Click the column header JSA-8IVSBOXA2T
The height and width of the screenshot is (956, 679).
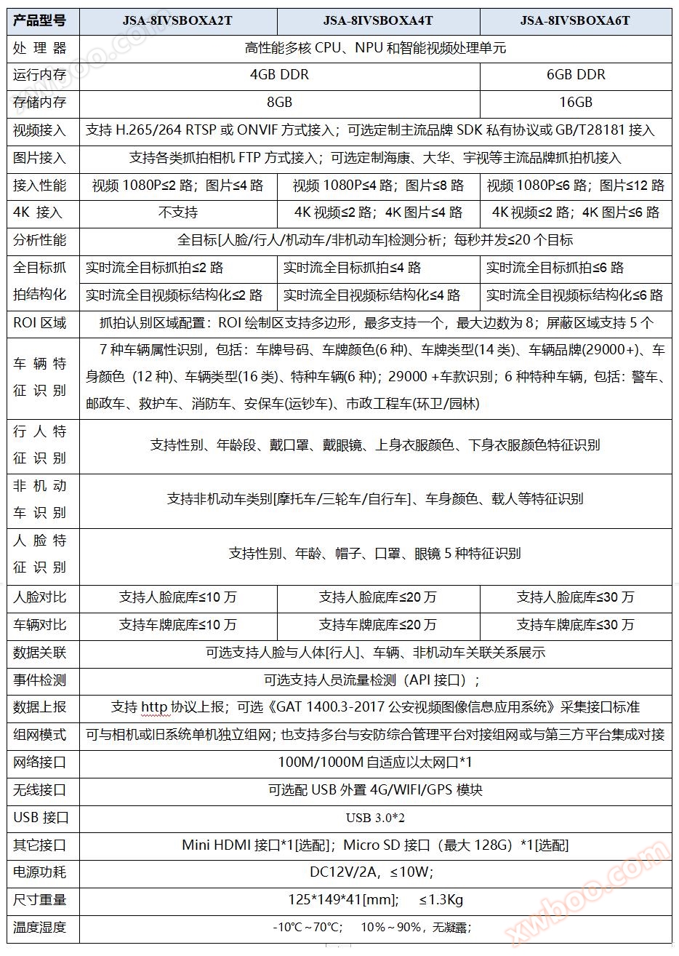click(x=177, y=20)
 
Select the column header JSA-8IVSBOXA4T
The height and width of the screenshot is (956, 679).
click(x=378, y=20)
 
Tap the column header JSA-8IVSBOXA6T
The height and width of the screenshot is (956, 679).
click(x=575, y=20)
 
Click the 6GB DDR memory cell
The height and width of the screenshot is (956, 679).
click(x=576, y=75)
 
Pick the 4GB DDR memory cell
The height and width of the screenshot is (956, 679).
click(x=279, y=75)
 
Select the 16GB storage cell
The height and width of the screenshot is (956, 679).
click(x=576, y=103)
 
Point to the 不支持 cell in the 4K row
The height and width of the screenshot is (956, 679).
click(x=178, y=212)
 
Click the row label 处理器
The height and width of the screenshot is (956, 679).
click(x=40, y=48)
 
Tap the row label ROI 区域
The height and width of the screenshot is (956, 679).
click(x=40, y=322)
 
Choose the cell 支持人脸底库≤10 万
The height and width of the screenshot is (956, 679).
click(x=178, y=597)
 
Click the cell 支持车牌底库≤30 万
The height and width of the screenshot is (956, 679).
click(x=576, y=625)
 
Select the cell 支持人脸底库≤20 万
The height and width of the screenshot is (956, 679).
click(x=378, y=597)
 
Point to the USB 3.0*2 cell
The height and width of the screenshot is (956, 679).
click(x=375, y=818)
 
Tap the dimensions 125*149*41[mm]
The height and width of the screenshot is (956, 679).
click(x=342, y=900)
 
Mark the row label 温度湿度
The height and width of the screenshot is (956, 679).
click(x=40, y=928)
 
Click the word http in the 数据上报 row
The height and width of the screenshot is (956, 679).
click(x=154, y=707)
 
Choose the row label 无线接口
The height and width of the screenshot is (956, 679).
click(x=40, y=790)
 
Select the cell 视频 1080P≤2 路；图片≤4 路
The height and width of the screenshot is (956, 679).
click(x=178, y=186)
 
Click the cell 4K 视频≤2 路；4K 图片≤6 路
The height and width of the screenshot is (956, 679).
click(x=576, y=212)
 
